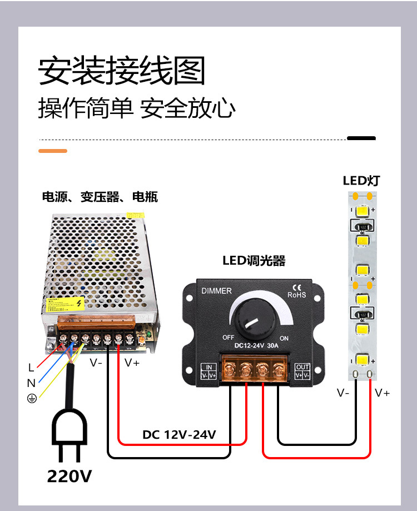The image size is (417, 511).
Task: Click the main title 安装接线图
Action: point(122,71)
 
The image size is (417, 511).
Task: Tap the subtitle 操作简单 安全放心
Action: point(137,108)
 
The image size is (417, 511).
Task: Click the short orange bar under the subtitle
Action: point(53,151)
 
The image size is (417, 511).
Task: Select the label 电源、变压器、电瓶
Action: point(100,197)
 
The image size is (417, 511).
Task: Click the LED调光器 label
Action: point(254,260)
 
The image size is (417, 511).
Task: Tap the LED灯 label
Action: point(361,180)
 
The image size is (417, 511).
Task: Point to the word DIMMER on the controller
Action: point(216,291)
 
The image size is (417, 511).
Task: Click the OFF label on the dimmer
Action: point(228,338)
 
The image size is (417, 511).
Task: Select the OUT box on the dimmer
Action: point(302,371)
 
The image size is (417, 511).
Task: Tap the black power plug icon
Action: point(69,434)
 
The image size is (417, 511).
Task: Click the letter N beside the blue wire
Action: point(31,383)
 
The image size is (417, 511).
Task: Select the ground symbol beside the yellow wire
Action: point(32,399)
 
